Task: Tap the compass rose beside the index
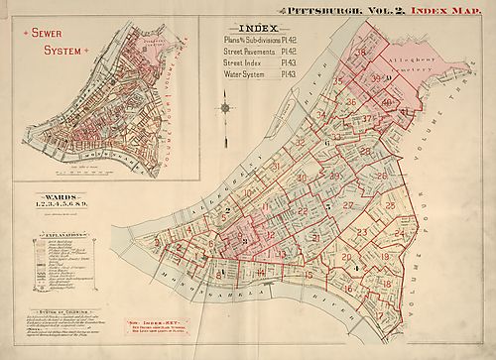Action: click(227, 106)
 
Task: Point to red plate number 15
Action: click(308, 275)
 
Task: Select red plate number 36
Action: click(350, 102)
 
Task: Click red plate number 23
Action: click(362, 233)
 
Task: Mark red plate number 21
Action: click(314, 238)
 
